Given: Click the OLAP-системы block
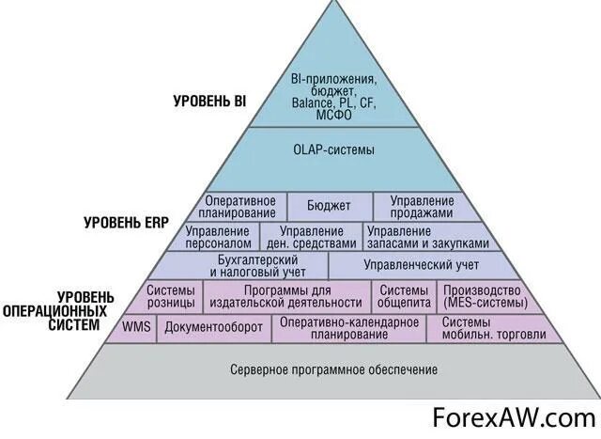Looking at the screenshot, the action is tap(333, 149).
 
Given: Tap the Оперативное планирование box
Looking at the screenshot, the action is tap(240, 207).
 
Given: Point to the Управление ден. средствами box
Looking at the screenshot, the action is tap(311, 236).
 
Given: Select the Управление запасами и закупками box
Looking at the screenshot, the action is tap(426, 236).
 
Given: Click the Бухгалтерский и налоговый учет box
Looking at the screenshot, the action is tap(245, 265).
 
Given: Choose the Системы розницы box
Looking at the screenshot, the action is tap(172, 296).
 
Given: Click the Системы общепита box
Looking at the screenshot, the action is tap(405, 296).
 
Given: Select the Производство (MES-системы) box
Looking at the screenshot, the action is tap(485, 296).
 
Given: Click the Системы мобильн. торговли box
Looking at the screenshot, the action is tap(479, 327).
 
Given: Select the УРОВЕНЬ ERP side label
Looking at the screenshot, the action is tap(126, 224).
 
